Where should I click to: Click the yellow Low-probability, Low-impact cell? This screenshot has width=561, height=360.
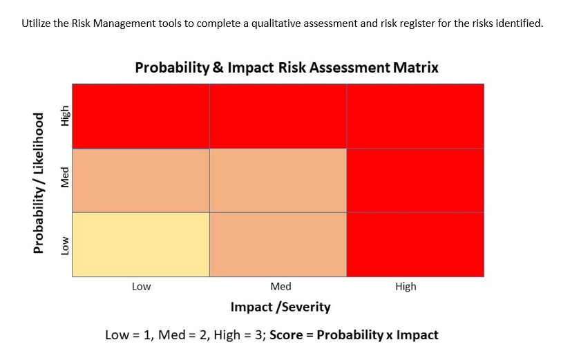click(x=141, y=245)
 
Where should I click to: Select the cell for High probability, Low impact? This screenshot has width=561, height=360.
click(x=141, y=116)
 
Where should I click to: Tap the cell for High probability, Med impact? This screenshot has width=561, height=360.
click(x=278, y=116)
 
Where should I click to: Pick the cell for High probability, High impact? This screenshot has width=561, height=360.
click(x=415, y=116)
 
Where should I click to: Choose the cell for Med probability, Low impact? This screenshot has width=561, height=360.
click(x=141, y=180)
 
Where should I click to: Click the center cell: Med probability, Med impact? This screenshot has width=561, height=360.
click(x=278, y=180)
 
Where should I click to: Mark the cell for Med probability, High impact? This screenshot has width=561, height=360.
click(x=415, y=180)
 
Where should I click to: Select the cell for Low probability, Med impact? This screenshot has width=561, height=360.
click(x=278, y=245)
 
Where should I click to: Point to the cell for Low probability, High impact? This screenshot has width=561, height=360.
click(x=415, y=245)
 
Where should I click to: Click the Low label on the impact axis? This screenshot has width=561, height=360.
click(x=141, y=286)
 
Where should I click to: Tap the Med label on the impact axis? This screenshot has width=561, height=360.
click(x=281, y=286)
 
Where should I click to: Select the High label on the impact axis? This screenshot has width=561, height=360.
click(x=406, y=286)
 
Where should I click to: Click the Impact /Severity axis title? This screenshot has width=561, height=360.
click(x=280, y=307)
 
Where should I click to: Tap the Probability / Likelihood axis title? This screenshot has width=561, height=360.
click(x=39, y=182)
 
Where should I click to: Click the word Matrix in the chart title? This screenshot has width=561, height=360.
click(x=415, y=68)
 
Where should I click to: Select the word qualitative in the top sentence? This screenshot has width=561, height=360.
click(x=324, y=23)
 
